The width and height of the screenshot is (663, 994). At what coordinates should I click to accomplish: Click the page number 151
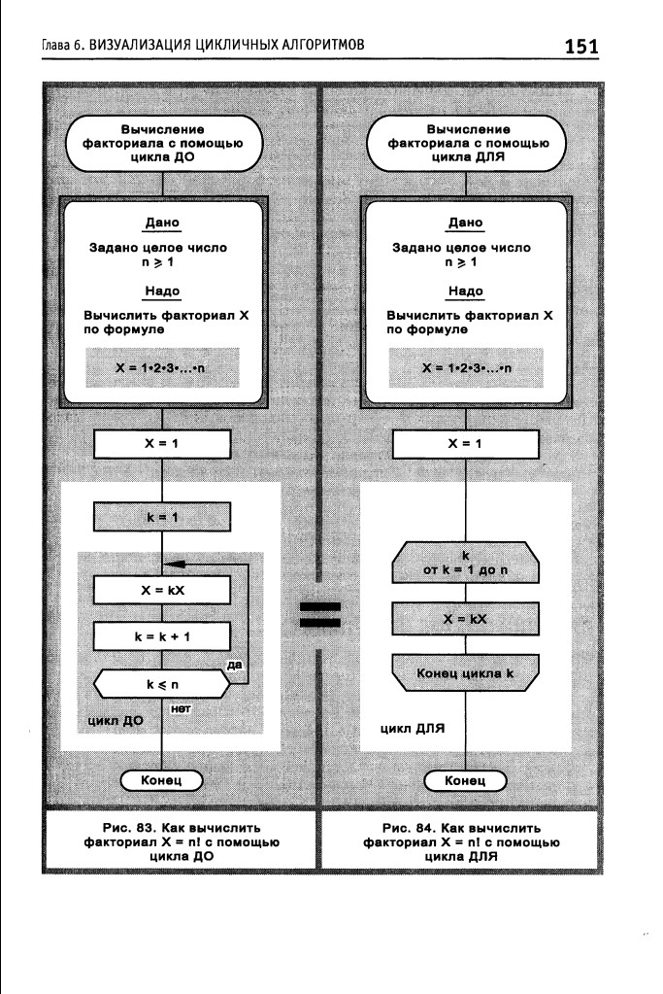click(x=580, y=46)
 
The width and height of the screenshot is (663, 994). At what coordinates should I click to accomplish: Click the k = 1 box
click(x=162, y=517)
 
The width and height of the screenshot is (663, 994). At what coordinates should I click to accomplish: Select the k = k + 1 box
click(x=162, y=636)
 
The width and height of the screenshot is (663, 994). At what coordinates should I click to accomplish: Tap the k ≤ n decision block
click(x=162, y=684)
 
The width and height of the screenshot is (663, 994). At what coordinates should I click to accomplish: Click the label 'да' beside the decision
click(x=233, y=665)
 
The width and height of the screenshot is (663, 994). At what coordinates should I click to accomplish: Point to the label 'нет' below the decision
click(x=179, y=709)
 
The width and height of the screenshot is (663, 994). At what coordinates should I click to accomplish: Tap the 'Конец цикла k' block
click(x=465, y=672)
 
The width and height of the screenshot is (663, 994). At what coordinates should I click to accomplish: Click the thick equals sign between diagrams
click(x=319, y=615)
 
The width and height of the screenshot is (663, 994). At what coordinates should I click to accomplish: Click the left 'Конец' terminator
click(x=162, y=780)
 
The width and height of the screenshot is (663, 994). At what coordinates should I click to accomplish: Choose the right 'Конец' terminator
click(x=465, y=780)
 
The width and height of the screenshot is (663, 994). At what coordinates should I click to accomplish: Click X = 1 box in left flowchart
click(x=162, y=443)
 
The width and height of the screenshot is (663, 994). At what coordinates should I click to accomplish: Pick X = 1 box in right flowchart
click(x=465, y=443)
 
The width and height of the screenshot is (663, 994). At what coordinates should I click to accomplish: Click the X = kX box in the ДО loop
click(x=162, y=590)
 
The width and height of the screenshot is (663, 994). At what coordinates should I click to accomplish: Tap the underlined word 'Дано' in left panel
click(x=162, y=223)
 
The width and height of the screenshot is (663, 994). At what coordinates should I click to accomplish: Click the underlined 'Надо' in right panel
click(x=465, y=291)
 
